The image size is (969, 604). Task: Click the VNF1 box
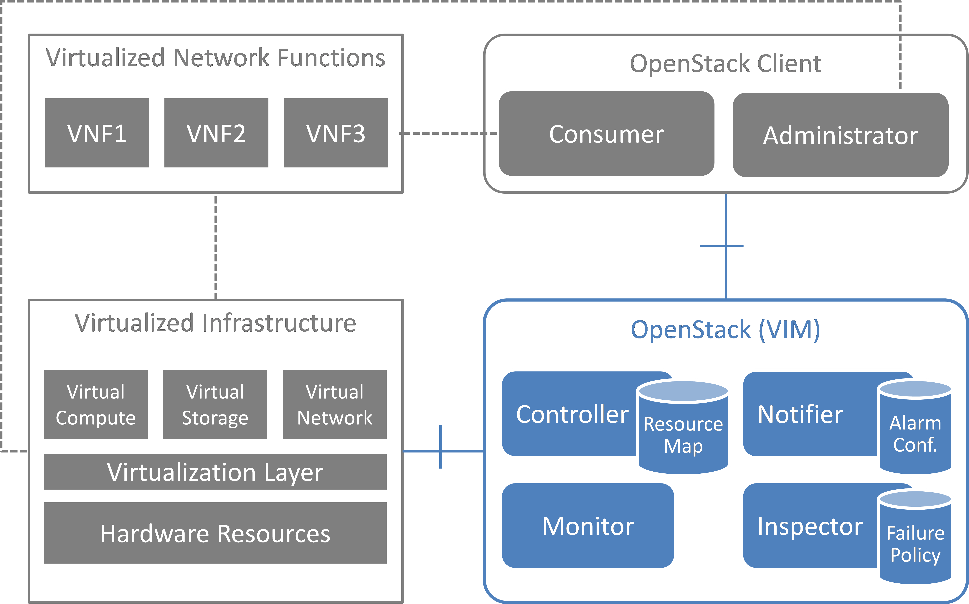[97, 133]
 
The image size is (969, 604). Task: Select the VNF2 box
[216, 133]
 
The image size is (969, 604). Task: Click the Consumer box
[606, 134]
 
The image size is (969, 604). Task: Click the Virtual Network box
[335, 404]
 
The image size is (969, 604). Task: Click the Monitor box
[588, 526]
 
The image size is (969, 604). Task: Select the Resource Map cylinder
[683, 433]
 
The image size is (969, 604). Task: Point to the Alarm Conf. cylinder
[915, 433]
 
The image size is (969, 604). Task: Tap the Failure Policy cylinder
[915, 543]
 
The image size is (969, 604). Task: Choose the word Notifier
[800, 414]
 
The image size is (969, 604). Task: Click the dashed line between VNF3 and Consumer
[447, 133]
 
